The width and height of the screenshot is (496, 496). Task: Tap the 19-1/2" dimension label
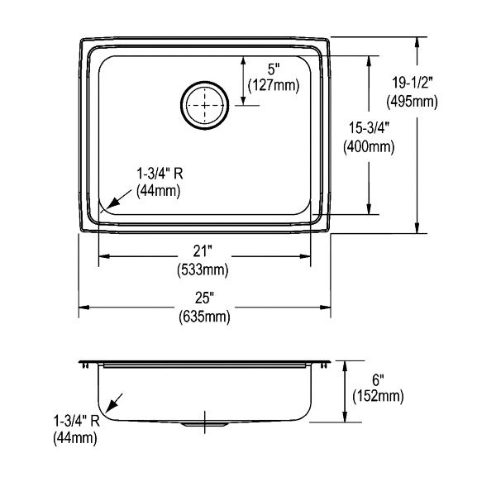pos(412,83)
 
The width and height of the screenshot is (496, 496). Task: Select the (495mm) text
pos(412,102)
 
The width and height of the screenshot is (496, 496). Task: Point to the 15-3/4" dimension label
pos(369,128)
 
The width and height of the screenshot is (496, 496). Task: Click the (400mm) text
pos(369,147)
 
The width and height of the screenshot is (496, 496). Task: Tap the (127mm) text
pos(274,85)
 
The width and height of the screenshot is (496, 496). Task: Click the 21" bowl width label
pos(203,251)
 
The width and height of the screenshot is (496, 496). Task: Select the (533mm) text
pos(203,270)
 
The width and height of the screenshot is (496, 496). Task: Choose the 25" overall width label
pos(204,298)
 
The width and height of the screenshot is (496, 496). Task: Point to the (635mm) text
pos(205,317)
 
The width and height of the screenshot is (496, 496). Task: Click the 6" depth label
pos(378,379)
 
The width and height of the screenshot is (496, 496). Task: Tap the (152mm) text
pos(379,396)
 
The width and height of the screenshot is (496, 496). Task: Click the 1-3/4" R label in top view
pos(160,174)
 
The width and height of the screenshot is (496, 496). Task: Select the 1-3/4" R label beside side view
pos(77,421)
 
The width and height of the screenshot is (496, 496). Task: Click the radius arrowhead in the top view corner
pos(112,203)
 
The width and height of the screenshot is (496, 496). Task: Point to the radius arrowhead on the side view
pos(111,407)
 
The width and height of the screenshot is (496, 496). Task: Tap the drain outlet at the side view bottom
pos(204,424)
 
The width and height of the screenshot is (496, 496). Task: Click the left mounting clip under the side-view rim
pos(85,365)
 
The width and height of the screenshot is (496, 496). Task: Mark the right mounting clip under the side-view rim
pos(324,365)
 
